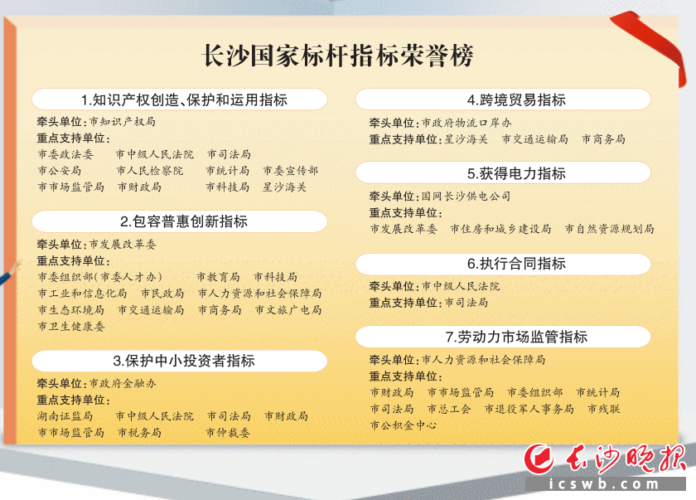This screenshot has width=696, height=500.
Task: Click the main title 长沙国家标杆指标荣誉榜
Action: click(x=338, y=56)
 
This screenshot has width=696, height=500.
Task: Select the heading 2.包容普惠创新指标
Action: click(x=184, y=221)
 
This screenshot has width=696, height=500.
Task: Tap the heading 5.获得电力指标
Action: click(x=516, y=173)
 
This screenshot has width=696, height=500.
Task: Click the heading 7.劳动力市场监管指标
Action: click(x=516, y=337)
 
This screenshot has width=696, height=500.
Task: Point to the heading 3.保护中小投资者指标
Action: click(x=184, y=361)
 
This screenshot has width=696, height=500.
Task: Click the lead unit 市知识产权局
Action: click(x=123, y=122)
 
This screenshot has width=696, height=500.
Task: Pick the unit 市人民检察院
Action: click(x=150, y=171)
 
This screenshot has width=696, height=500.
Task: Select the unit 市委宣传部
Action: click(x=290, y=171)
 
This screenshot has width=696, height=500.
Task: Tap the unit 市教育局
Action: click(x=218, y=277)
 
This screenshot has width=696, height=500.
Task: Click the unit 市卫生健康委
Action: click(x=71, y=327)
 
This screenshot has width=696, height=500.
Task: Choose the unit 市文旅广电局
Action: click(x=288, y=310)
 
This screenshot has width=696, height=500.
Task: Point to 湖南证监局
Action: click(x=65, y=416)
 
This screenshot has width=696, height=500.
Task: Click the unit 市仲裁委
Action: click(x=228, y=433)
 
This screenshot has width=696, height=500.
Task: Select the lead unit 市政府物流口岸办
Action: click(x=466, y=123)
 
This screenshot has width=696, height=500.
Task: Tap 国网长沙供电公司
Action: click(x=466, y=196)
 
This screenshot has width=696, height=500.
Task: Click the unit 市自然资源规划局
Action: click(x=610, y=229)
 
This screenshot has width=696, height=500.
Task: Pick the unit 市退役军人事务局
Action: click(x=529, y=409)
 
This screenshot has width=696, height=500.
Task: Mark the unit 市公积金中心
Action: click(x=404, y=425)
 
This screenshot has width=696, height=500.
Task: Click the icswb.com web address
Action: click(x=605, y=484)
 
